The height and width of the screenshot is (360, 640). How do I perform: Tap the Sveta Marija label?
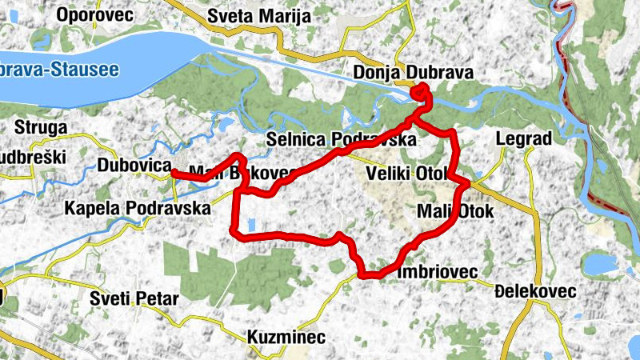(x=252, y=15)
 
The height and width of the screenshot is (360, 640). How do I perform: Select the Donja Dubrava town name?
(x=414, y=74)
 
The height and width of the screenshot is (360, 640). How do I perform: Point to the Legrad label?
(x=524, y=138)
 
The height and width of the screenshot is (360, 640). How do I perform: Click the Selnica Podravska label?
(x=342, y=140)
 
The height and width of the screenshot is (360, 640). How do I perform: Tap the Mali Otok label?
(x=456, y=211)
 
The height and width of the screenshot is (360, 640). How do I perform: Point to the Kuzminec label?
(x=286, y=337)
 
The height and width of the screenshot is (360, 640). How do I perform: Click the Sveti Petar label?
(x=134, y=299)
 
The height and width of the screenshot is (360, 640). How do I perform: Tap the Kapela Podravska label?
(x=137, y=209)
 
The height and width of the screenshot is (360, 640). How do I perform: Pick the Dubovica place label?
(x=134, y=166)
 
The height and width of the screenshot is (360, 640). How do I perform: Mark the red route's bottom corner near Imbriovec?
(x=364, y=275)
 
